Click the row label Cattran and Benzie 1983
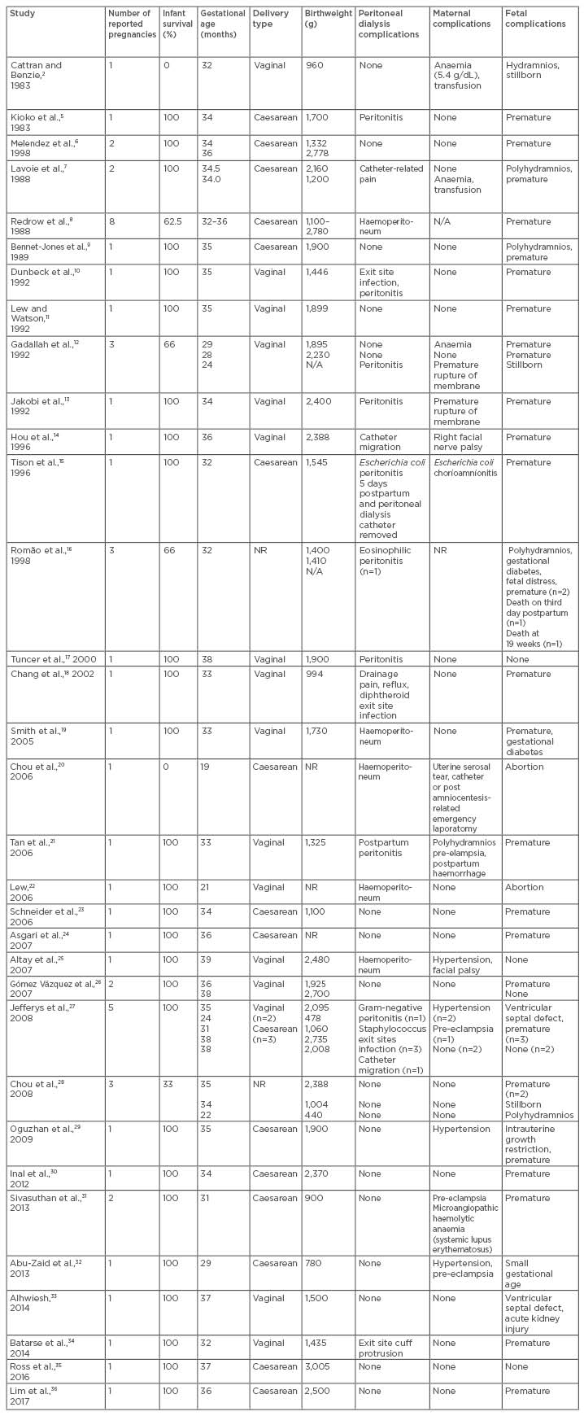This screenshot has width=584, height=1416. (x=36, y=71)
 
